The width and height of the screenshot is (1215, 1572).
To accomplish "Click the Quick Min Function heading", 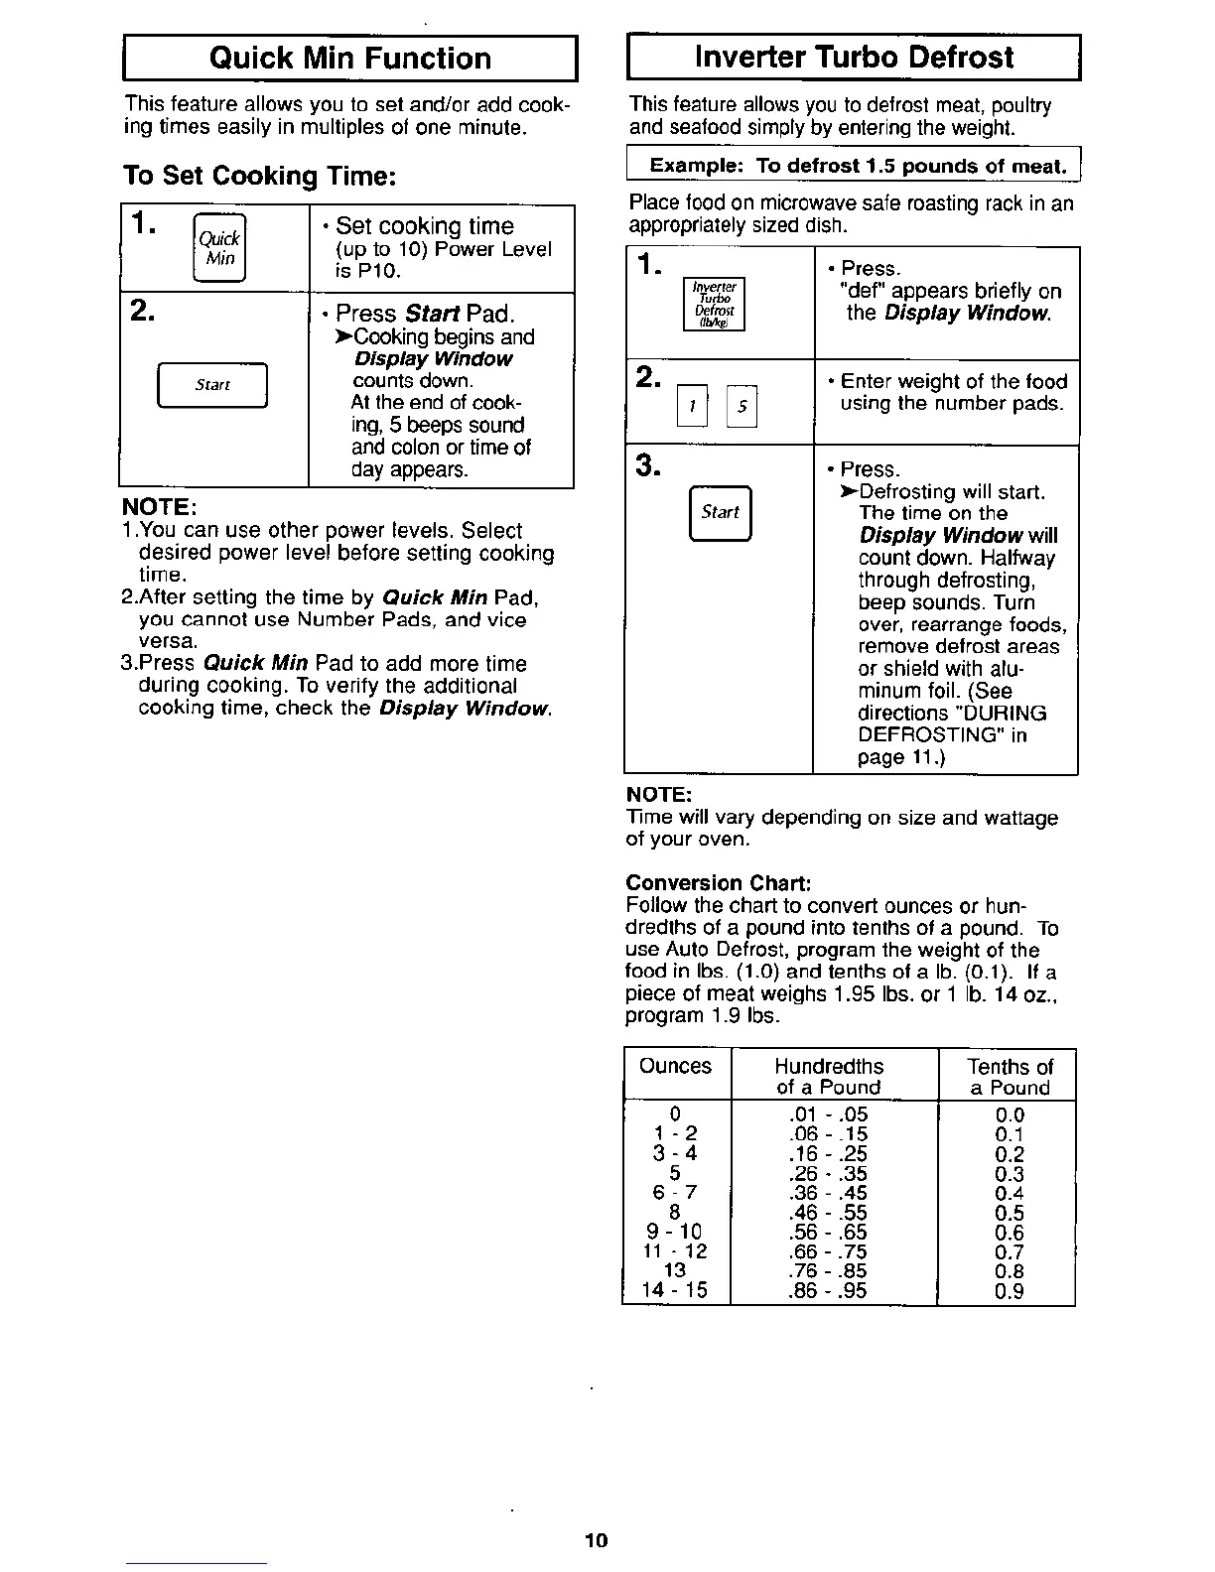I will (x=349, y=58).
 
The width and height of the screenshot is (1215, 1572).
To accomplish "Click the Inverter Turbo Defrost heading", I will (x=854, y=57).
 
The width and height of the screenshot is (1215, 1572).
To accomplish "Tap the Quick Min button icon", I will (x=219, y=248).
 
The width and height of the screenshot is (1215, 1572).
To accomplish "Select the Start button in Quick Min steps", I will (x=212, y=385).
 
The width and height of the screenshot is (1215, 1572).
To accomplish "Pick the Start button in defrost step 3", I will (x=720, y=512).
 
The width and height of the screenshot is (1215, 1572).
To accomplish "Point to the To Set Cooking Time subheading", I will (x=260, y=176).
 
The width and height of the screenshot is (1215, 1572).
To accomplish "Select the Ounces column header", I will (x=675, y=1066).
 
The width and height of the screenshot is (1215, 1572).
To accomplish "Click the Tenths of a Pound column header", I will (x=1009, y=1077).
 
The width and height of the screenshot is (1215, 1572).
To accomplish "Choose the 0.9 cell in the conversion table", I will (x=1009, y=1291).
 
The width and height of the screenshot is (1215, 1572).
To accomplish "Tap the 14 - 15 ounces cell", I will (x=674, y=1290).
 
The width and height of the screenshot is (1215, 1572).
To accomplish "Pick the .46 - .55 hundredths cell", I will (x=827, y=1213).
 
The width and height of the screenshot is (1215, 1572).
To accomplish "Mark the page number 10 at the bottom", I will (x=596, y=1540).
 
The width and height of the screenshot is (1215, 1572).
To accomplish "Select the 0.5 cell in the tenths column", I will (x=1009, y=1213).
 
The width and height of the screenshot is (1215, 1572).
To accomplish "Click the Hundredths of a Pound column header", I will (x=828, y=1077).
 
